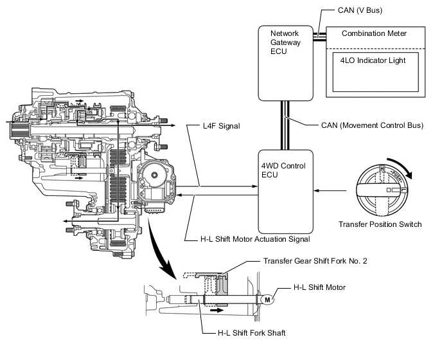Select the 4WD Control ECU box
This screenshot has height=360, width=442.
[285, 191]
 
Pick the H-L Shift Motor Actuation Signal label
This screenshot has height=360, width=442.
[256, 239]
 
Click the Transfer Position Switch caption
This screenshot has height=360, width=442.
[380, 224]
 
